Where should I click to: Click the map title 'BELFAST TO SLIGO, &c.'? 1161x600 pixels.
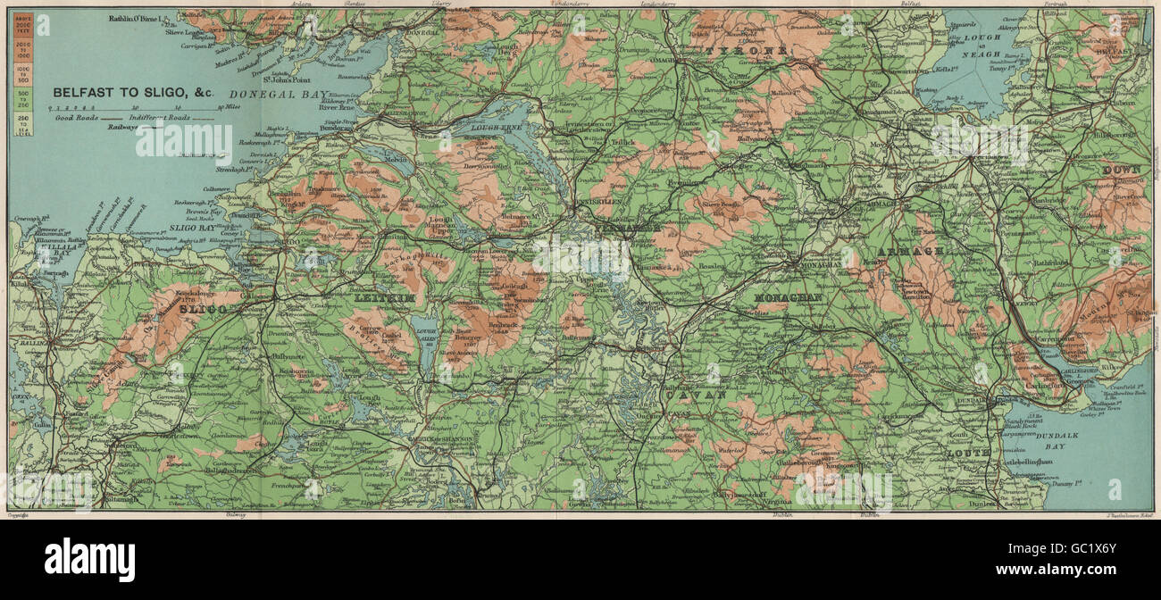(133, 92)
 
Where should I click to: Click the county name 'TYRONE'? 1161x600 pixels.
(748, 51)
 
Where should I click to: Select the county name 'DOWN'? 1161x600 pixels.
(1122, 170)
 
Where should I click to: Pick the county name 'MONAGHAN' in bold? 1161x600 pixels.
(789, 296)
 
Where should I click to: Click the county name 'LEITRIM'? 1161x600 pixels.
(387, 298)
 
